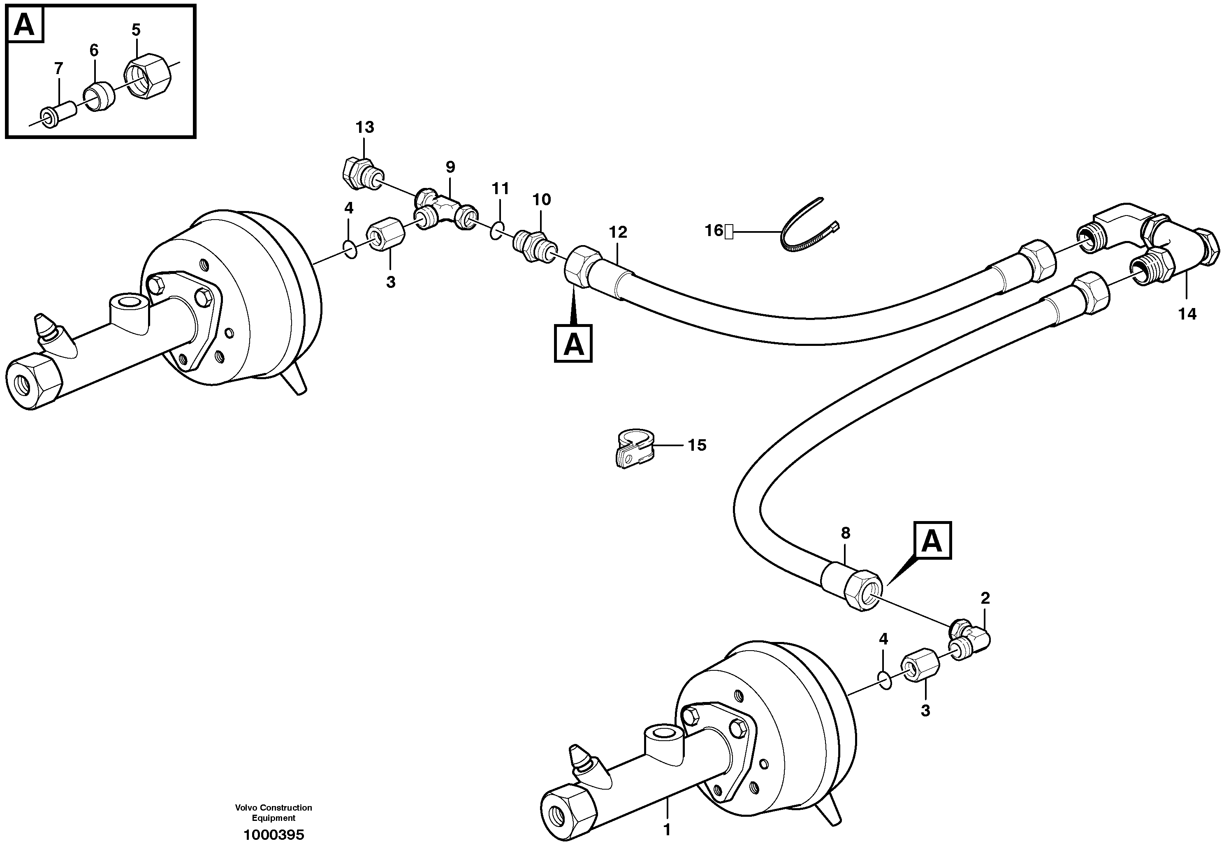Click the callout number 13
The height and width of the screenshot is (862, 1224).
[x=365, y=127]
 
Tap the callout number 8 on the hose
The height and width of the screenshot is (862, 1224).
[x=845, y=533]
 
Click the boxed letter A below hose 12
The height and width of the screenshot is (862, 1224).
[x=573, y=344]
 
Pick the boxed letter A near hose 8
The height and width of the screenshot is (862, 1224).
[x=932, y=540]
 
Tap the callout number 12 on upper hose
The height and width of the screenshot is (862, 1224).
[x=619, y=232]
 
